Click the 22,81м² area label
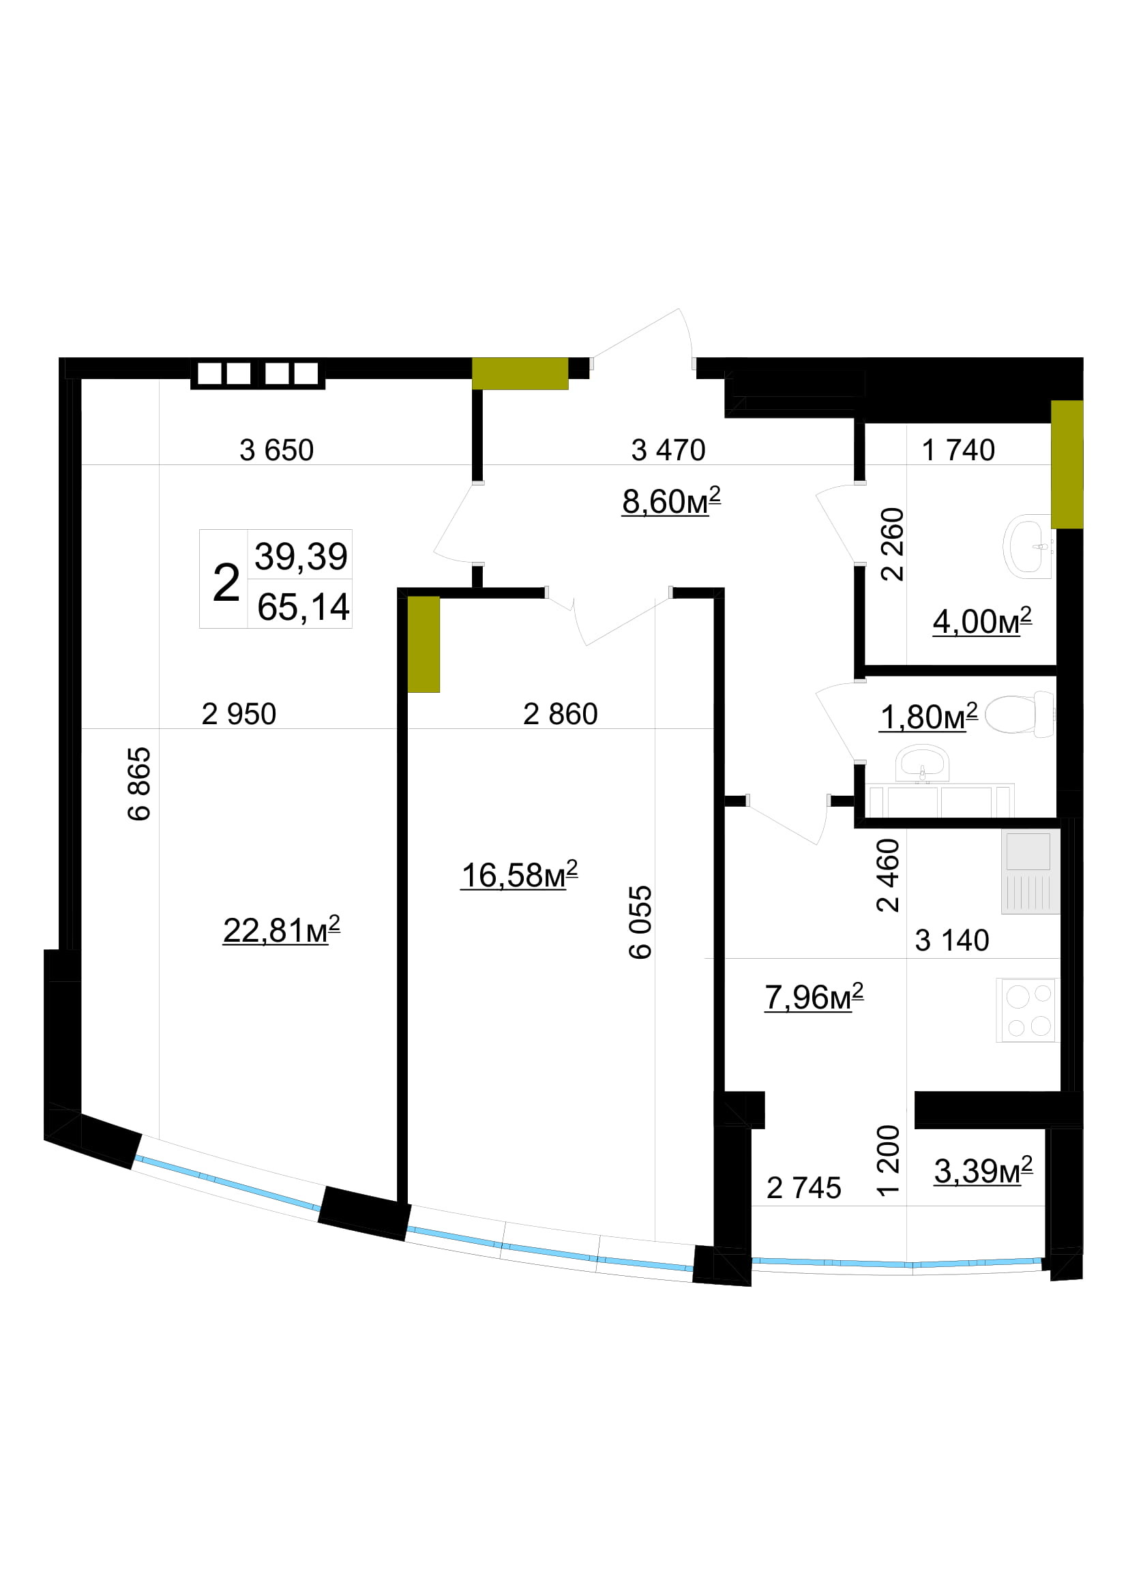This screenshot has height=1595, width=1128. [281, 930]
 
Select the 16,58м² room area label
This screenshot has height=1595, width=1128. [520, 875]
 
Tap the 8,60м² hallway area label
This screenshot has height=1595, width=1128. [671, 501]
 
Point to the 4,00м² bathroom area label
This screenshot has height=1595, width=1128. [982, 621]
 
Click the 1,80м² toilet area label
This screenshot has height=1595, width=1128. [929, 717]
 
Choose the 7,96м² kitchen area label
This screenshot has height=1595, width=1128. [814, 997]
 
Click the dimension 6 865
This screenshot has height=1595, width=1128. [139, 784]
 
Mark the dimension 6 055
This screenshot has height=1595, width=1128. [640, 922]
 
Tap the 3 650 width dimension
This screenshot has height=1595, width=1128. [276, 450]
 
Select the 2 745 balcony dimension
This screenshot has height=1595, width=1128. [803, 1189]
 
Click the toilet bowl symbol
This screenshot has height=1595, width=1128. [1019, 713]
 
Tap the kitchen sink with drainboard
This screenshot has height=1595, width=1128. [1030, 872]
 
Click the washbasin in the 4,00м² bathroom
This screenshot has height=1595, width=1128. [1027, 546]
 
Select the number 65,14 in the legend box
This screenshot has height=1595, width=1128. [303, 607]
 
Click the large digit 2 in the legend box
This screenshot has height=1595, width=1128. [226, 582]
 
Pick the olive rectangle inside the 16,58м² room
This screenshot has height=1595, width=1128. [424, 644]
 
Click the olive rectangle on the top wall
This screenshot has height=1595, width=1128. [520, 374]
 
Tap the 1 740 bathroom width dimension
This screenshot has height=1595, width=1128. [958, 450]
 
